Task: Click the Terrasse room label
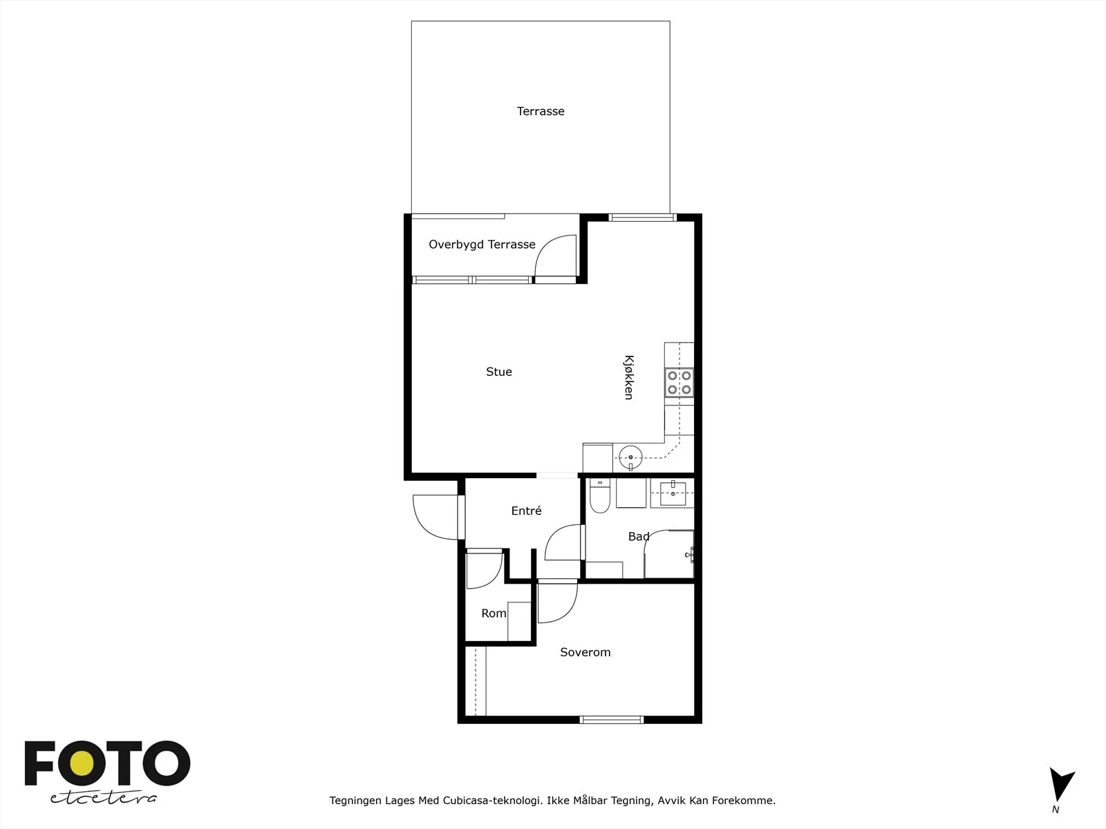(540, 111)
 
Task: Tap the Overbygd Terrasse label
(482, 245)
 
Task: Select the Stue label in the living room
(499, 372)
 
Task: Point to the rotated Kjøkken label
(629, 377)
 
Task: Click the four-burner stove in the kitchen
(679, 383)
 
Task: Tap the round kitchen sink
(630, 457)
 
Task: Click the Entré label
(526, 511)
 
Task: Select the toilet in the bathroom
(599, 495)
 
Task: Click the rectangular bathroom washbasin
(673, 493)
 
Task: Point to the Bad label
(639, 537)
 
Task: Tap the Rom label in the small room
(494, 613)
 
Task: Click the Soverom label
(585, 652)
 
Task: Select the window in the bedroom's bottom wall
(612, 720)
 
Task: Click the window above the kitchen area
(642, 218)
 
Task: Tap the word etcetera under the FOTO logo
(103, 798)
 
